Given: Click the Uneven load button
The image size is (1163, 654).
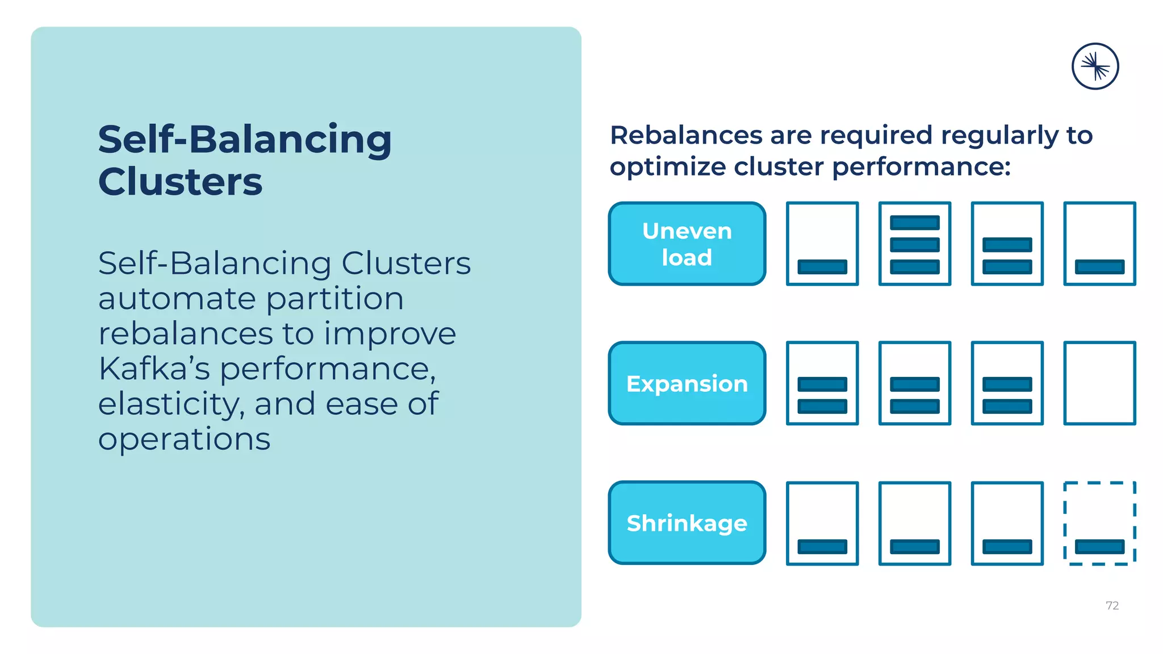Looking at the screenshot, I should [x=687, y=244].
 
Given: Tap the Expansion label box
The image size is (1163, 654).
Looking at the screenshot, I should [x=687, y=383].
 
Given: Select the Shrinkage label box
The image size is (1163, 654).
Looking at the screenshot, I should [x=687, y=523].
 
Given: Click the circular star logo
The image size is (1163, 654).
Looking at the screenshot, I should [x=1095, y=66].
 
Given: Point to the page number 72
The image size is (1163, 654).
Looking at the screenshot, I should [x=1112, y=606].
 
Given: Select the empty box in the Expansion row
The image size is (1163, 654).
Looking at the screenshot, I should [x=1099, y=383].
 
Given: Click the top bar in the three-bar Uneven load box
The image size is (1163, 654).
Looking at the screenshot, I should [x=914, y=223].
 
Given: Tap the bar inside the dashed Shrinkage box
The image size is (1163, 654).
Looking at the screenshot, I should [x=1099, y=547].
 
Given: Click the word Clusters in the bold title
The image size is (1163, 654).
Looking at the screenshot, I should [x=180, y=182].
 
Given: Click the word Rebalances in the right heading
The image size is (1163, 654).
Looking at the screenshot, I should [x=686, y=136].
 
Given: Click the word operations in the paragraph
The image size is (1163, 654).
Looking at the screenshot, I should [x=184, y=440].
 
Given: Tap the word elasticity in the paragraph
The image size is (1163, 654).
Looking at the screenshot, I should [x=170, y=404].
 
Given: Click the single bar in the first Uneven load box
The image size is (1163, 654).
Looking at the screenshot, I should [x=822, y=267].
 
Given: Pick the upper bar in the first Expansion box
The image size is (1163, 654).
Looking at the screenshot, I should [x=822, y=384].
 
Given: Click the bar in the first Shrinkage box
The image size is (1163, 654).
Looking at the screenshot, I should [x=822, y=547].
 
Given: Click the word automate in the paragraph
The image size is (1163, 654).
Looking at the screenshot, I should [x=177, y=299].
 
